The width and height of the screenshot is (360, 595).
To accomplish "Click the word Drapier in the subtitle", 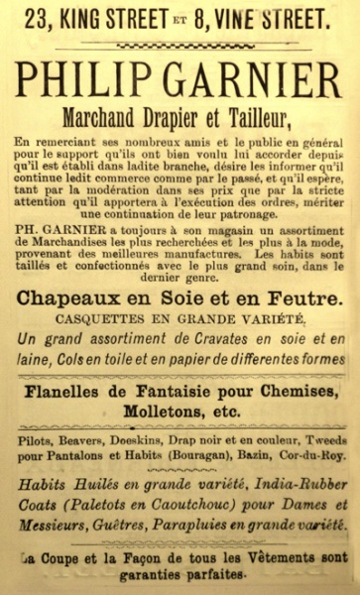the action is (x=176, y=118).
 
